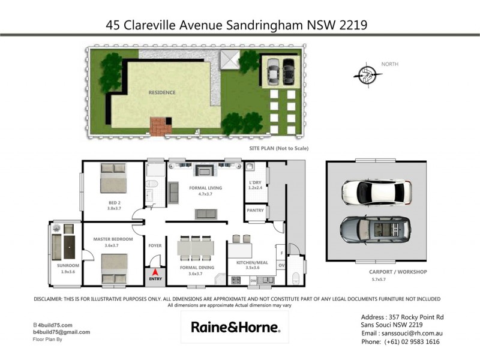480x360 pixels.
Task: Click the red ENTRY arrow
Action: tap(155, 274)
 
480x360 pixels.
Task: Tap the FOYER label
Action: tap(155, 245)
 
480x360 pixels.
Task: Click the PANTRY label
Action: tap(256, 211)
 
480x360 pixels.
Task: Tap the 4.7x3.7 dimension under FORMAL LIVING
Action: tap(205, 194)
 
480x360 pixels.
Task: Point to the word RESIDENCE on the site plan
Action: tap(162, 92)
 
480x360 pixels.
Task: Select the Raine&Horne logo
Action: tap(235, 328)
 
